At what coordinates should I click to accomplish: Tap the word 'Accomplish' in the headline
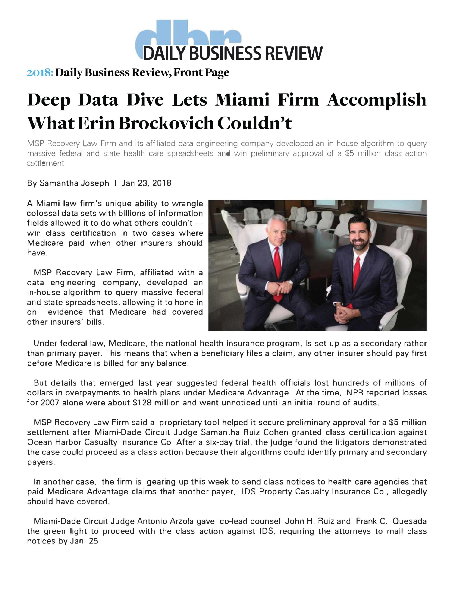pos(376,100)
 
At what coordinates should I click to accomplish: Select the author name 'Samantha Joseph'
pos(74,183)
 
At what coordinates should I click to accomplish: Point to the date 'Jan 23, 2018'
pos(146,183)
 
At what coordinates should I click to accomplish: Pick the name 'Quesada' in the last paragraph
pos(409,521)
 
